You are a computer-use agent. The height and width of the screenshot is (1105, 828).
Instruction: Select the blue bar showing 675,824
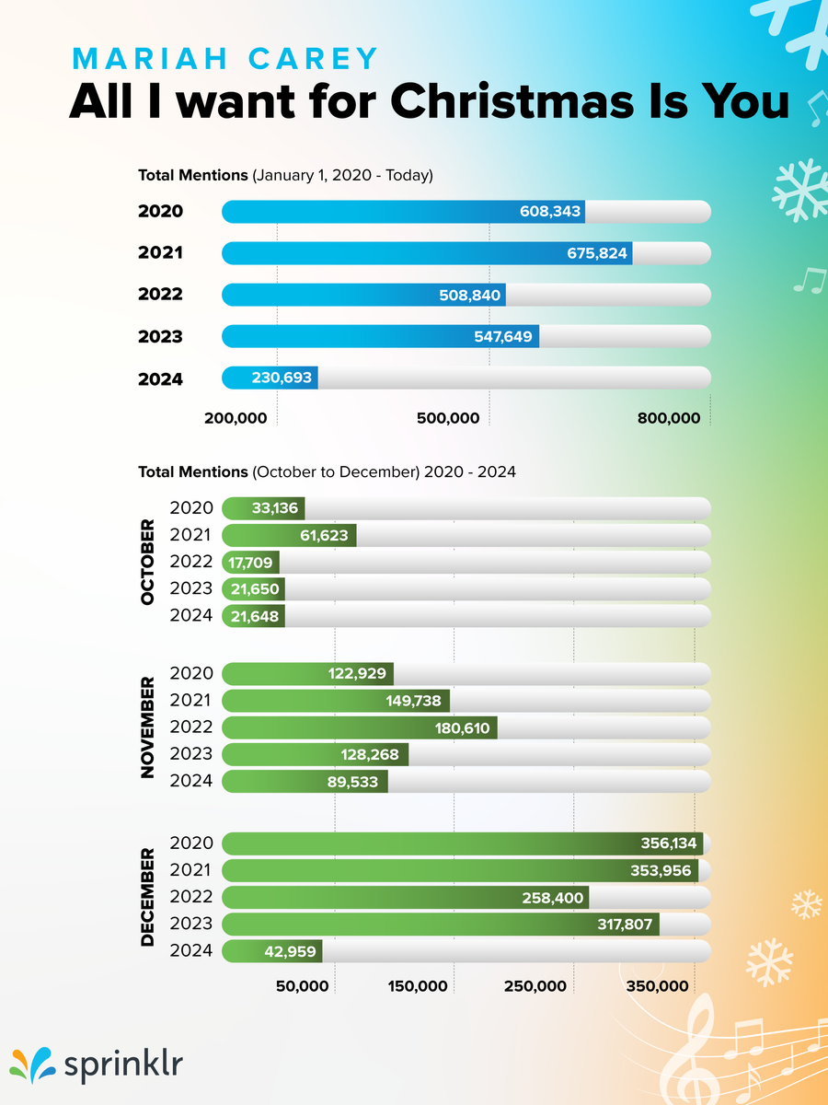point(427,253)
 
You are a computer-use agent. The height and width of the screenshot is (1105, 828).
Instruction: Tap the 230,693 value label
point(282,378)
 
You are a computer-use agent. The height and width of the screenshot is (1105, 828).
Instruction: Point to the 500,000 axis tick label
point(448,418)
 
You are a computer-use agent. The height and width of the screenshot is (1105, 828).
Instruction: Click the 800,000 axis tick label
point(668,418)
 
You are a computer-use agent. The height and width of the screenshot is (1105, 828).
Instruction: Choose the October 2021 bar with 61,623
point(289,535)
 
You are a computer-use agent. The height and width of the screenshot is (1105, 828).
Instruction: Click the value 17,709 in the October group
point(250,562)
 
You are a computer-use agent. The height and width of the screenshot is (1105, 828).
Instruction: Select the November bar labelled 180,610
point(360,727)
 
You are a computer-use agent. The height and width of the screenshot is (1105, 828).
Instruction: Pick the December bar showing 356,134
point(462,843)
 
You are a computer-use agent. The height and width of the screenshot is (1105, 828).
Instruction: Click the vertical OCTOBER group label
point(147,563)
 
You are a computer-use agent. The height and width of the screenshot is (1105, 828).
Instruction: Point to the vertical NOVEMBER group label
point(147,727)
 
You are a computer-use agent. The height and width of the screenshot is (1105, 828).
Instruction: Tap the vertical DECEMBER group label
point(147,898)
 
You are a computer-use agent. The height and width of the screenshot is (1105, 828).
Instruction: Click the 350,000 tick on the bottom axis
point(658,987)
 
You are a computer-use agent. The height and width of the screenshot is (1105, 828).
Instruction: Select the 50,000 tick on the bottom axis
point(303,987)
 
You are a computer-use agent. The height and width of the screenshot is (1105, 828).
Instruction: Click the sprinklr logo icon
point(31,1065)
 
